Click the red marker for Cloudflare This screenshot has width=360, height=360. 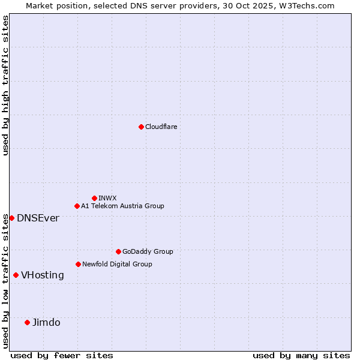click(141, 127)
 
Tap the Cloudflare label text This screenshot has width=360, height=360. click(161, 127)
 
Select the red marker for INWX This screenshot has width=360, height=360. click(94, 198)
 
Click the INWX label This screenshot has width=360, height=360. click(107, 198)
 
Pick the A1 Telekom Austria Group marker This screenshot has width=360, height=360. click(77, 206)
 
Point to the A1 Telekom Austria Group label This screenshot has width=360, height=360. click(122, 206)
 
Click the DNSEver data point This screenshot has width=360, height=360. click(11, 218)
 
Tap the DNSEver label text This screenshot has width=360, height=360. click(38, 218)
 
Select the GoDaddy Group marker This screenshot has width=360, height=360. click(118, 251)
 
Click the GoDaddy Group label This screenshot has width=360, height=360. click(148, 251)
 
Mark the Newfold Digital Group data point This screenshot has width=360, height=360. click(78, 264)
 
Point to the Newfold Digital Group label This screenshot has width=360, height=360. click(117, 264)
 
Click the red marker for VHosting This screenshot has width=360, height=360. click(16, 275)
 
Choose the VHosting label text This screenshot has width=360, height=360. click(42, 275)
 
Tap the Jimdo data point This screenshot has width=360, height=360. click(27, 322)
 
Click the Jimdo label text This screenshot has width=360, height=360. click(46, 322)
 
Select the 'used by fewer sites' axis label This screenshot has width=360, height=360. click(62, 355)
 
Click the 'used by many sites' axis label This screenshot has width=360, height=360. click(301, 355)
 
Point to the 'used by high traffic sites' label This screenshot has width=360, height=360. click(5, 86)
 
